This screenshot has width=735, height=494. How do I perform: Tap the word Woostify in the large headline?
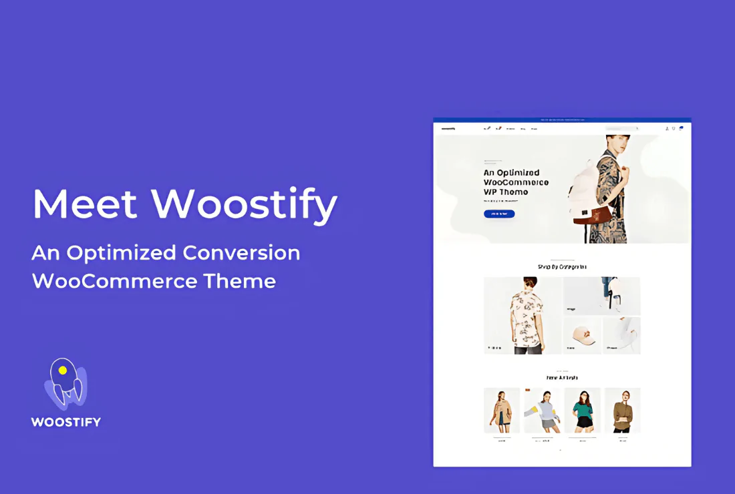[x=244, y=205]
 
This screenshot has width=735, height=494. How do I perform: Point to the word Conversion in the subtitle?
[x=241, y=253]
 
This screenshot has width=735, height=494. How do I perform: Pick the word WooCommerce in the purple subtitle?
[x=114, y=281]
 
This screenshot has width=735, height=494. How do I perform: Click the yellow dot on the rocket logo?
[x=63, y=370]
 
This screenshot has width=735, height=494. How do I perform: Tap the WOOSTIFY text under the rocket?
[x=65, y=422]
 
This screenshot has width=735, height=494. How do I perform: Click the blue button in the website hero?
[x=498, y=214]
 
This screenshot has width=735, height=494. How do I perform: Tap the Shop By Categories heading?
[x=562, y=267]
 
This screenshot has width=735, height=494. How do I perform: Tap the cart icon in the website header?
[x=681, y=128]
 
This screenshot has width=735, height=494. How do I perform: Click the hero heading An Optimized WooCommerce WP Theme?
[x=516, y=182]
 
